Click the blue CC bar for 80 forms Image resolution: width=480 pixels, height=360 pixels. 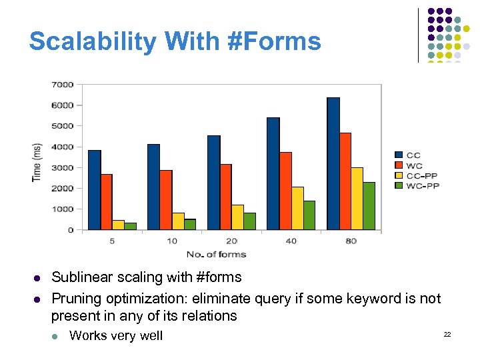333,163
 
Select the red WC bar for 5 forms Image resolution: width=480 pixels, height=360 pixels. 107,202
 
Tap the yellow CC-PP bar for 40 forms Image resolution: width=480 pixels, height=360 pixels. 297,208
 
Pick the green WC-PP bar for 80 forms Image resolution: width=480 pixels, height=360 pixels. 369,206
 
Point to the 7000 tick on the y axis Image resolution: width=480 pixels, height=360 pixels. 63,85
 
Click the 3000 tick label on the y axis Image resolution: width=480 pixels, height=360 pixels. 63,167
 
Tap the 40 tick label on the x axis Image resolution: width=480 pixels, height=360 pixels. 291,241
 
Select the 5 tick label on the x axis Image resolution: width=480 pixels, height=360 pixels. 112,241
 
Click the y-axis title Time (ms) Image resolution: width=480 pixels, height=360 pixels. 37,161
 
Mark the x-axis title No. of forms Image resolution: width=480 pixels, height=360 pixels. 216,254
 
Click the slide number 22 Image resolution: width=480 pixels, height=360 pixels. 447,333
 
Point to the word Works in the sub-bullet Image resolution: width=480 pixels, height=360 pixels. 87,335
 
